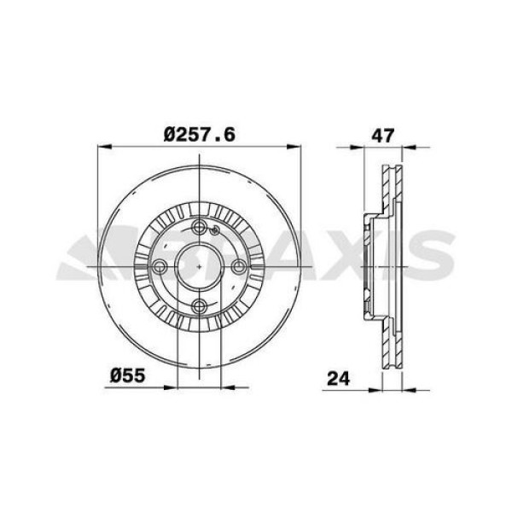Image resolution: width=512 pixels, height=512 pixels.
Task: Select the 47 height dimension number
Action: (x=381, y=134)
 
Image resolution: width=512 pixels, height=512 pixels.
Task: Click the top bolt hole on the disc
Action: (x=198, y=228)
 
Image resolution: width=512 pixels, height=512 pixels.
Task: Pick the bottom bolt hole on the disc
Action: (x=198, y=307)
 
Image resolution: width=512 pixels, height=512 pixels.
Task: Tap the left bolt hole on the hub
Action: (x=159, y=267)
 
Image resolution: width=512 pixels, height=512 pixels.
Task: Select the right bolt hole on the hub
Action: (x=238, y=267)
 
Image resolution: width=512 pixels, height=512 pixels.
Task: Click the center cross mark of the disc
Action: (x=198, y=267)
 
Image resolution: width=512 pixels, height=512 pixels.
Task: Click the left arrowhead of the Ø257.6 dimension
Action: (x=97, y=148)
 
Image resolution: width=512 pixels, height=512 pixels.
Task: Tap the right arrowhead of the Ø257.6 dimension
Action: (x=300, y=148)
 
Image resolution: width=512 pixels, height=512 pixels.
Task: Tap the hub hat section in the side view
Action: (x=369, y=267)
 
